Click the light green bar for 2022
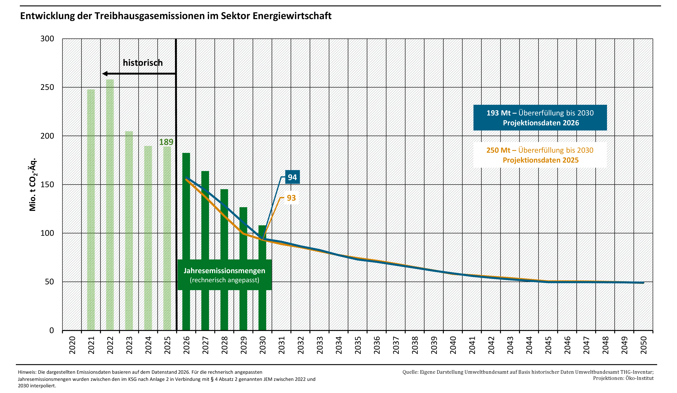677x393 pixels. point(110,204)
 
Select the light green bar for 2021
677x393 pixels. point(91,209)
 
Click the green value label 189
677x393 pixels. point(166,142)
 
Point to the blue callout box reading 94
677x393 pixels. point(292,177)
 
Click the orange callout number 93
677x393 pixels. point(291,198)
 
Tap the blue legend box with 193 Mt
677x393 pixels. point(540,118)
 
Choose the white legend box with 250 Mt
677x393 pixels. point(540,155)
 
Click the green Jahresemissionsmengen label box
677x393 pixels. point(225,275)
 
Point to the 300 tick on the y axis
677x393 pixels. point(47,39)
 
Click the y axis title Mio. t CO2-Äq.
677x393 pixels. point(33,185)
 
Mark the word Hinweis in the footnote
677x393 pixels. point(27,372)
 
